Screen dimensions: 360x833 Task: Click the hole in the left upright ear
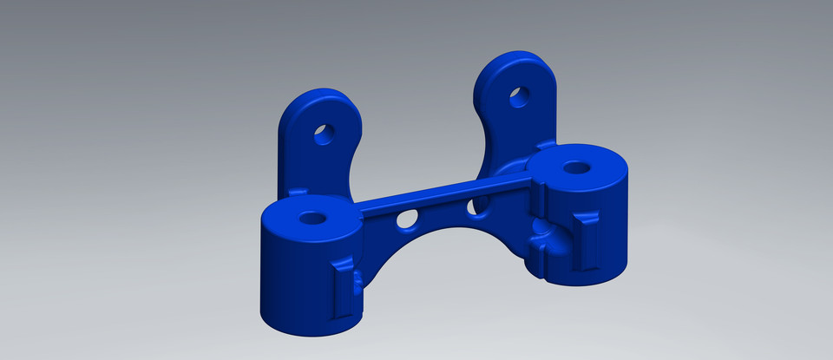pyautogui.click(x=323, y=134)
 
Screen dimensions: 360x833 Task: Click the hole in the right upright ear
pyautogui.click(x=519, y=96)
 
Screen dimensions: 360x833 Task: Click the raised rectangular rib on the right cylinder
pyautogui.click(x=589, y=243)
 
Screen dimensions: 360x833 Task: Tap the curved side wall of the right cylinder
pyautogui.click(x=612, y=226)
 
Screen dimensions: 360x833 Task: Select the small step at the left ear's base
pyautogui.click(x=297, y=190)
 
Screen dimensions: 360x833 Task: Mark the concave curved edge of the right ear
pyautogui.click(x=488, y=139)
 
